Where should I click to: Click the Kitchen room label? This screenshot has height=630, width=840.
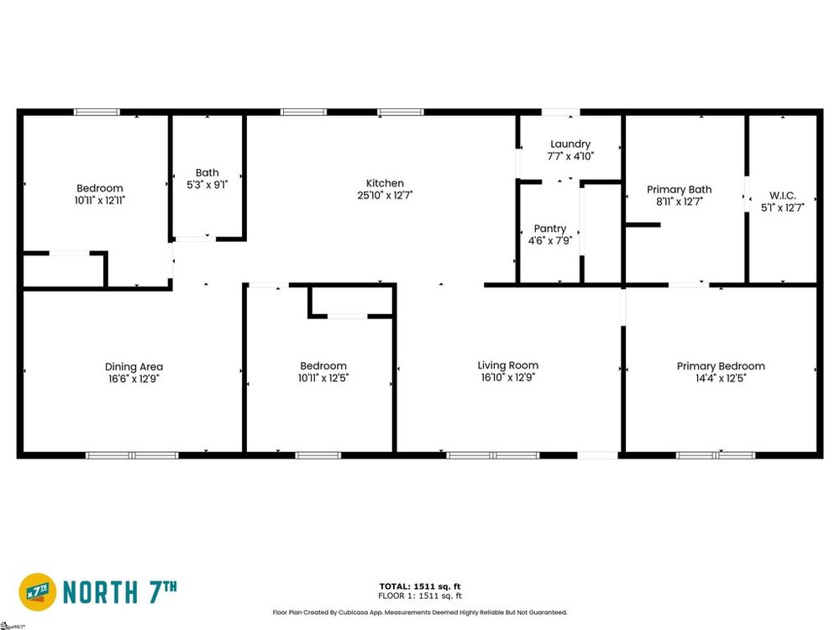click(385, 183)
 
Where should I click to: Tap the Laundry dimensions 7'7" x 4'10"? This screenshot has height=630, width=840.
click(570, 156)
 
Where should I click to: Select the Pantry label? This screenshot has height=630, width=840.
click(549, 228)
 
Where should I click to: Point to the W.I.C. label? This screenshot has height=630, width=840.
click(783, 196)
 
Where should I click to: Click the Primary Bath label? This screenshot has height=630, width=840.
click(679, 190)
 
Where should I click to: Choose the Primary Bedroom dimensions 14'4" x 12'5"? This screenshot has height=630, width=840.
click(721, 378)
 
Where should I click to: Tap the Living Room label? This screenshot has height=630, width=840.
click(508, 365)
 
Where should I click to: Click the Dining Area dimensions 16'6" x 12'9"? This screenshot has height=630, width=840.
click(134, 379)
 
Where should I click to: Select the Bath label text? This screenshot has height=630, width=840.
click(207, 172)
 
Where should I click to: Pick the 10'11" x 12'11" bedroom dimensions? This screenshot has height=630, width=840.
click(100, 201)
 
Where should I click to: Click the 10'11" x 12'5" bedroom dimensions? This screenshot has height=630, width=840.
click(323, 378)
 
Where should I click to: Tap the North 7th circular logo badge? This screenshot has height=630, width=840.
click(38, 592)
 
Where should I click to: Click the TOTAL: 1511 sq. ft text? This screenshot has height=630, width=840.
click(420, 586)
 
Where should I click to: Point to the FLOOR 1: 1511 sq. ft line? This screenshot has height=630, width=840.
click(420, 596)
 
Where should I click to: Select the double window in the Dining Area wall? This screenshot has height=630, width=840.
click(132, 455)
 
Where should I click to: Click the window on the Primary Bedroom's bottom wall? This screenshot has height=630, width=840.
click(715, 455)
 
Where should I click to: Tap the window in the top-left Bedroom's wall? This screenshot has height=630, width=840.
click(97, 112)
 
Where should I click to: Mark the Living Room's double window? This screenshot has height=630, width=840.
click(493, 455)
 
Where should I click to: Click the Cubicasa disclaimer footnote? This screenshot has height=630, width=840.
click(420, 612)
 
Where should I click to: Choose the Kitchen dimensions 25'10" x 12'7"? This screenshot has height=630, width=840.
click(385, 196)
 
